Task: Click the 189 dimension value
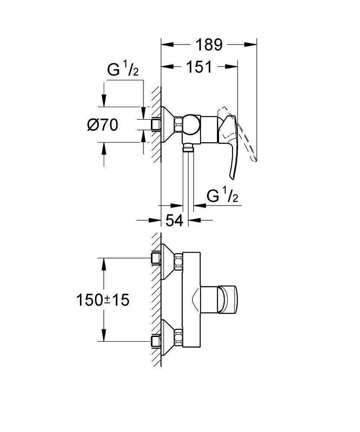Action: click(x=209, y=44)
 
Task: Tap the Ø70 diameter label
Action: click(x=102, y=125)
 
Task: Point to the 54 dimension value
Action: click(x=175, y=220)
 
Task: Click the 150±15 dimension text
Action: click(x=103, y=300)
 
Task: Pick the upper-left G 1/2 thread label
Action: click(x=123, y=70)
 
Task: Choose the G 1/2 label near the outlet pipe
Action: click(x=223, y=196)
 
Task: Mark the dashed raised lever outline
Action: click(x=248, y=138)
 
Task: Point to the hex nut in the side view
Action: click(x=178, y=125)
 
